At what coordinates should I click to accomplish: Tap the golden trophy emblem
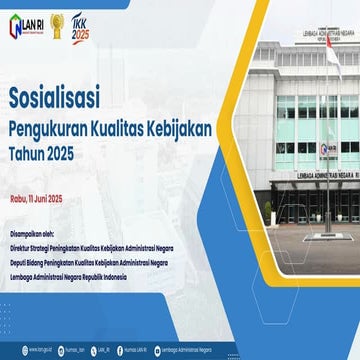tap(58, 19)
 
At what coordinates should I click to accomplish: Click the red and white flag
tap(332, 54)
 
